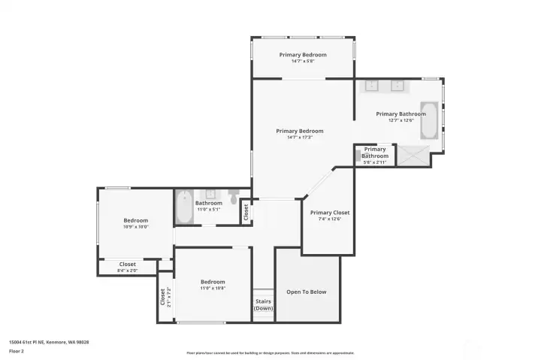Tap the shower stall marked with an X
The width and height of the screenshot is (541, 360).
coord(412,156)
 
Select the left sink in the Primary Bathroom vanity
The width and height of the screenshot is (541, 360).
coord(372,86)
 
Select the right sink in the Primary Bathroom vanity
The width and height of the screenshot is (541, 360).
coord(397,86)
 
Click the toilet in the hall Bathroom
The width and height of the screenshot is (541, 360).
coord(234,199)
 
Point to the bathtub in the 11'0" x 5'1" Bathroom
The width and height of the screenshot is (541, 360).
coord(184,207)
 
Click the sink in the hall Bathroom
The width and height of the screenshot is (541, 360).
coord(210,194)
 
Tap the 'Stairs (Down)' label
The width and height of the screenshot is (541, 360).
coord(263,305)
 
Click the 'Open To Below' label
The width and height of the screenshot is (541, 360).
coord(307,292)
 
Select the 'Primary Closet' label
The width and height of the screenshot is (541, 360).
coord(330,213)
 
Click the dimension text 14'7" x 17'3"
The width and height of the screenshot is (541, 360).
coord(299,137)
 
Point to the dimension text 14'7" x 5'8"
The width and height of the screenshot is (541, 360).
coord(302,61)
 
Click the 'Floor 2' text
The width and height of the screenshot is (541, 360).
coord(16,351)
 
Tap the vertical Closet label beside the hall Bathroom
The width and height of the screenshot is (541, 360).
coord(246,212)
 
